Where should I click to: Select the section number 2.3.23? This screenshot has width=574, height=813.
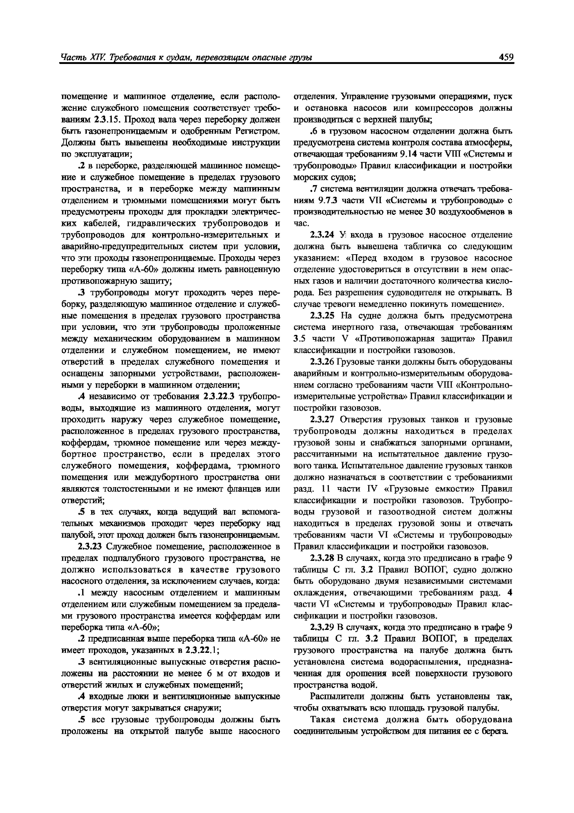90,547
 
